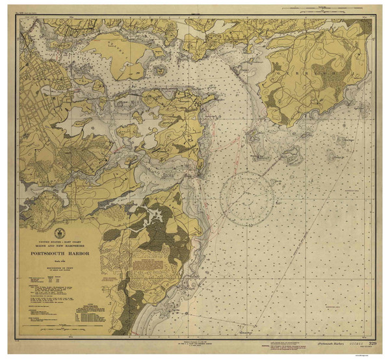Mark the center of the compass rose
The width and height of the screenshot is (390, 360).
(x=246, y=194)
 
